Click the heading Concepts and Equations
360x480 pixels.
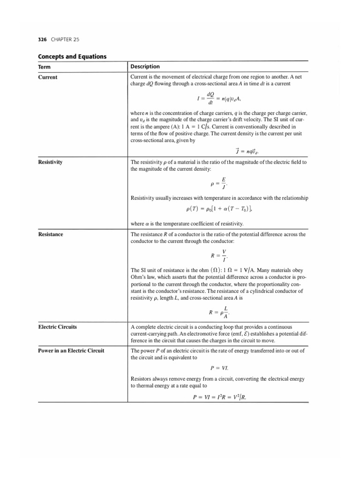[72, 57]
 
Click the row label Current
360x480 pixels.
[47, 77]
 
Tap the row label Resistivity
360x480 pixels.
[51, 162]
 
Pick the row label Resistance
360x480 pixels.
[51, 234]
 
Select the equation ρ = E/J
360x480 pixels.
[218, 182]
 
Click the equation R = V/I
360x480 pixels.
[218, 255]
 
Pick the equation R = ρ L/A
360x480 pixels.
[218, 311]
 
